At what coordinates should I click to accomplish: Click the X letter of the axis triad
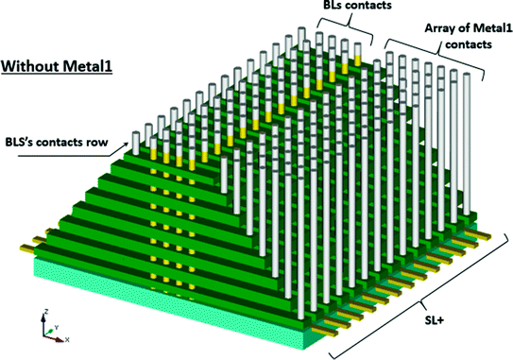(x=67, y=337)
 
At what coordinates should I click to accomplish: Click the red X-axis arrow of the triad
(x=56, y=334)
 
